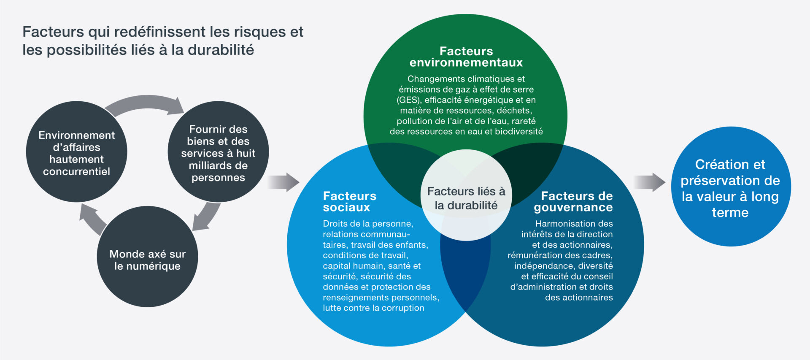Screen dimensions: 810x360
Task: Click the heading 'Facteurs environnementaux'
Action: point(466,57)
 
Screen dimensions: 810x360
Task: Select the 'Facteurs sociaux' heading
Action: point(349,202)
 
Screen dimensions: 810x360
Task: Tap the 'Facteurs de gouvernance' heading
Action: point(573,202)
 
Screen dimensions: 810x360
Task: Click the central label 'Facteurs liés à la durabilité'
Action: point(466,198)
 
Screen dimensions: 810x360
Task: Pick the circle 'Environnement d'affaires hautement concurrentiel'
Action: point(76,152)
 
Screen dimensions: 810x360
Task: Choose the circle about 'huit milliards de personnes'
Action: point(218,152)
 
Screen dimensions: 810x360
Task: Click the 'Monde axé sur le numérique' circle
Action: point(147,257)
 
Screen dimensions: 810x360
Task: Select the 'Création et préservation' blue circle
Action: point(731,187)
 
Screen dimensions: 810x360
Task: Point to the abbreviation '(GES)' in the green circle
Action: point(409,100)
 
